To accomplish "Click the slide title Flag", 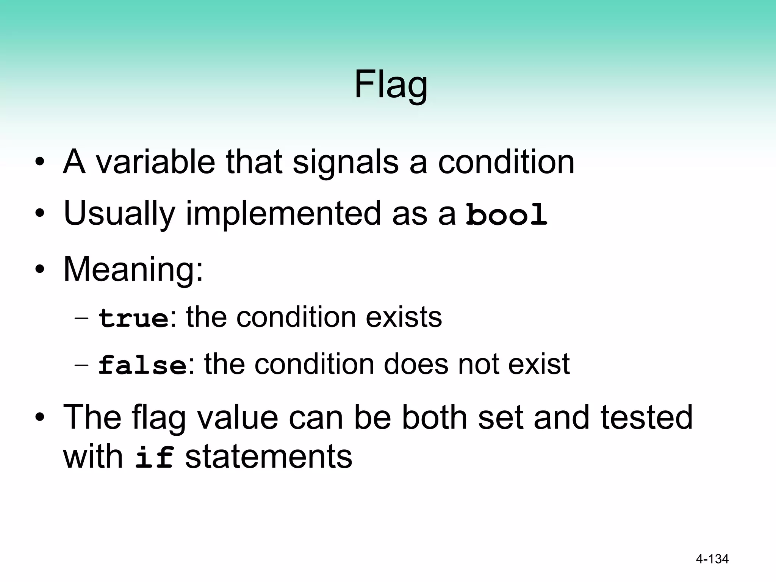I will tap(391, 85).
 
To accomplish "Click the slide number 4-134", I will tap(712, 559).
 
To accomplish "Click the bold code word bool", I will tap(506, 214).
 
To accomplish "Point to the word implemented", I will tap(283, 214).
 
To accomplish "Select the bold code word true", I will tap(133, 318).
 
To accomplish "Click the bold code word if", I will tap(155, 457).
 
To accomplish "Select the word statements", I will tap(268, 457).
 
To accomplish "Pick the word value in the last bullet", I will tap(237, 417).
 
